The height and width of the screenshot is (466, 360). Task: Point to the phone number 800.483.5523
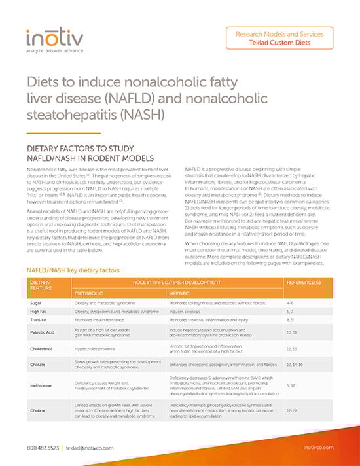[41, 447]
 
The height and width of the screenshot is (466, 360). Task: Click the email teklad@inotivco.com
[88, 447]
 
